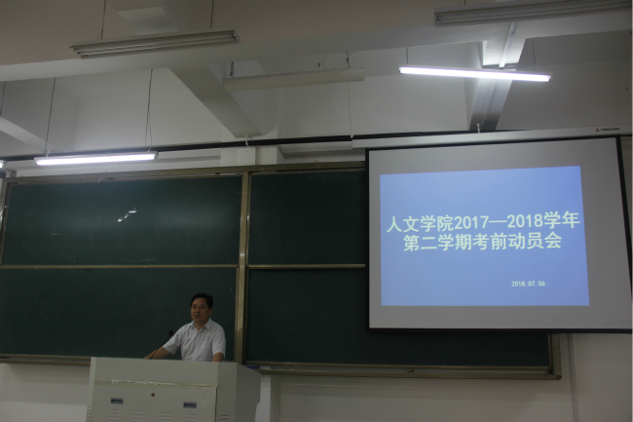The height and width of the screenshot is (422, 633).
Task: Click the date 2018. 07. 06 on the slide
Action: [528, 284]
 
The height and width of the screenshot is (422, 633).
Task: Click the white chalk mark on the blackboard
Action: [128, 215]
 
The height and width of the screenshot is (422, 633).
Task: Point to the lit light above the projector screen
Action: [475, 74]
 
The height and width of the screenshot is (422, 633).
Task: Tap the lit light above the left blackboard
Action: [96, 158]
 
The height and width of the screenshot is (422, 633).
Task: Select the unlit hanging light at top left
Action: [155, 44]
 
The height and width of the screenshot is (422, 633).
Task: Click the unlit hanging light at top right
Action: [533, 11]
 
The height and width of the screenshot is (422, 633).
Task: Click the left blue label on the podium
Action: [117, 401]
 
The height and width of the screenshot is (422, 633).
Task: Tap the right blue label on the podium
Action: [190, 404]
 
